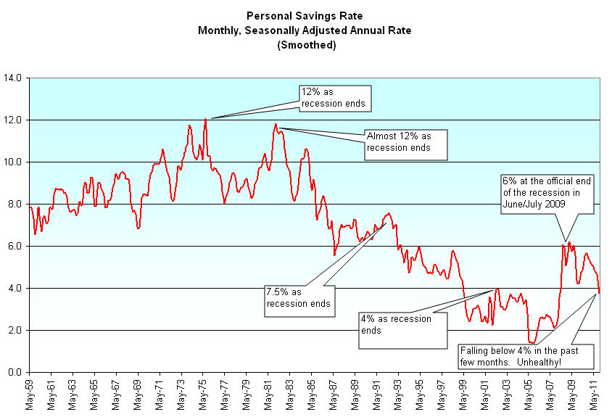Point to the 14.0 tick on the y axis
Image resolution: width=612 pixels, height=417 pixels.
15,78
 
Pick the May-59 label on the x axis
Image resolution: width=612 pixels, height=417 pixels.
30,395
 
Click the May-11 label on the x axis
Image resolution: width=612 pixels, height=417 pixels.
594,395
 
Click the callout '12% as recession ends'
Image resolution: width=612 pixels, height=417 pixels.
335,99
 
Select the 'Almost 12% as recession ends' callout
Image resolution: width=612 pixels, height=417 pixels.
405,142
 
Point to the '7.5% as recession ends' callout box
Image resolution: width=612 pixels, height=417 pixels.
299,297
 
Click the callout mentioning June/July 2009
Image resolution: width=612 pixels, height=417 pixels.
547,193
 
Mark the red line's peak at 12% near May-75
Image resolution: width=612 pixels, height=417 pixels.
205,119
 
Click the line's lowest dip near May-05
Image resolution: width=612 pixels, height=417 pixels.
532,343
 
